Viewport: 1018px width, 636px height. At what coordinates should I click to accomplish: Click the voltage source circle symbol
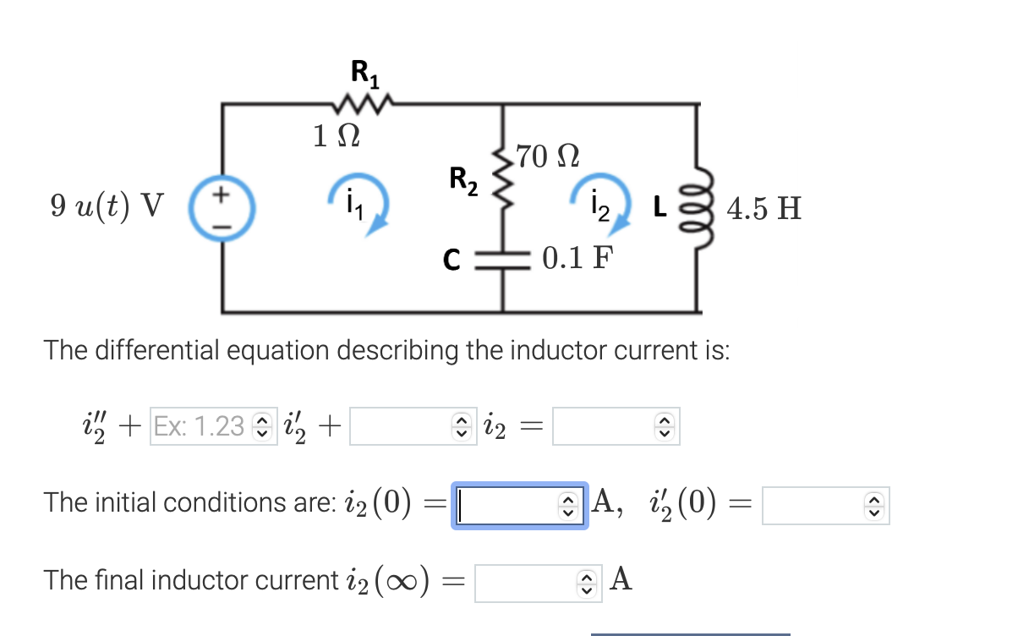point(222,206)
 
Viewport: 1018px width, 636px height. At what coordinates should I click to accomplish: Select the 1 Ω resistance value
point(337,135)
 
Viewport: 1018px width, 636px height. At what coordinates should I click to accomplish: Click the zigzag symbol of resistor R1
point(364,105)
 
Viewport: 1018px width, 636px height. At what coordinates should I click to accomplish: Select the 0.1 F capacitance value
point(578,257)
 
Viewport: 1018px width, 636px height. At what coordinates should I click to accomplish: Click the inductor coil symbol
point(698,206)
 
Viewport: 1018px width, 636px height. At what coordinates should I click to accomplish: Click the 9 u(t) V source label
point(107,206)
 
